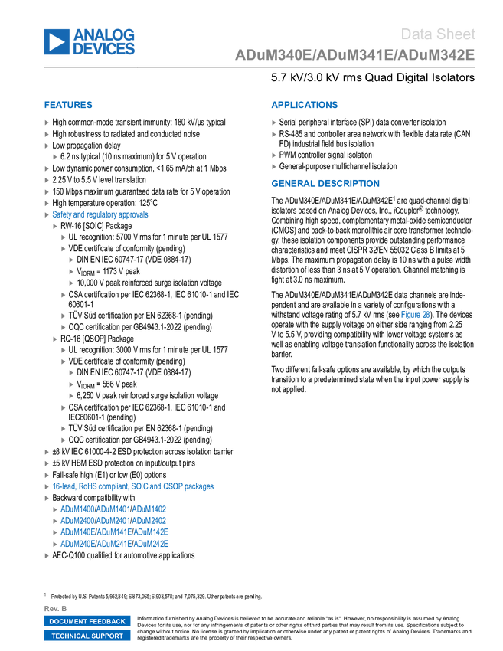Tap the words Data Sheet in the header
[x=438, y=34]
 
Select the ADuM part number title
[x=354, y=55]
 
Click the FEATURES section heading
[x=68, y=105]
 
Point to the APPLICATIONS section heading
[x=304, y=105]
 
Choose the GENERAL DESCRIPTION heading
[x=325, y=183]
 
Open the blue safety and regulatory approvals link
[x=100, y=214]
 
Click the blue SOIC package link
[x=133, y=486]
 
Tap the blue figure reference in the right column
[x=415, y=314]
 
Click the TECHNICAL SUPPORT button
[x=87, y=636]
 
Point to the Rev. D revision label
[x=56, y=608]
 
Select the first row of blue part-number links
[x=113, y=509]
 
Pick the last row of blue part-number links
[x=113, y=545]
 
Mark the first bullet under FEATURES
[x=47, y=123]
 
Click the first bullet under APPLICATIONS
[x=273, y=123]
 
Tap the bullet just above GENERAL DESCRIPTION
[x=273, y=166]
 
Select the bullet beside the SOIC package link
[x=47, y=486]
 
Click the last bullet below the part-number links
[x=47, y=556]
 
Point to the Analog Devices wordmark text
[x=104, y=41]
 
